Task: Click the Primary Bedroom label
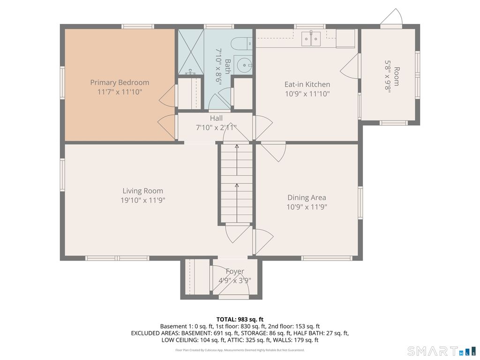click(120, 82)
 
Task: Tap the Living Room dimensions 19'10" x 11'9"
click(143, 200)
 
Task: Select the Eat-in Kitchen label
click(307, 84)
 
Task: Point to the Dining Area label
click(307, 197)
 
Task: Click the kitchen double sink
click(311, 38)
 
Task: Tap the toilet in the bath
click(241, 44)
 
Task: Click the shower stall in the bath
click(191, 52)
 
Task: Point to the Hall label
click(216, 118)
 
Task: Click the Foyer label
click(235, 271)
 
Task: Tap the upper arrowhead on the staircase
click(237, 146)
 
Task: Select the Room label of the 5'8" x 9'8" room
click(397, 76)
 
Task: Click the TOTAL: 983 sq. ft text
click(240, 320)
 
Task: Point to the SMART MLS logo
click(441, 351)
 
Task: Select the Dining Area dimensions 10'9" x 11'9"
click(307, 207)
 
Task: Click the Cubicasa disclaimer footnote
click(240, 350)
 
